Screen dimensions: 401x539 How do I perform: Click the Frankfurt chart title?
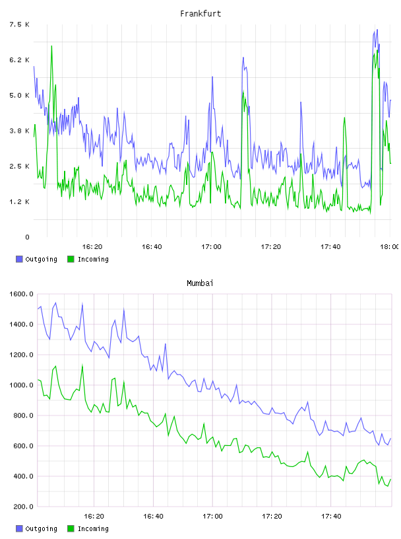[x=200, y=14]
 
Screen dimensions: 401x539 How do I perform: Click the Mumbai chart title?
[x=200, y=283]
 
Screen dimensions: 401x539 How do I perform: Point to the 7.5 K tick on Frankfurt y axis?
[x=20, y=24]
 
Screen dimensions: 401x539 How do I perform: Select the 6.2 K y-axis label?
[x=20, y=60]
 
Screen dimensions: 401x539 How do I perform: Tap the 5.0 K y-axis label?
[x=20, y=95]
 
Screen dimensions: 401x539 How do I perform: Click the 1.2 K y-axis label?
[x=20, y=201]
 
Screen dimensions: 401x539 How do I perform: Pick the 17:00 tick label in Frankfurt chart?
[x=211, y=246]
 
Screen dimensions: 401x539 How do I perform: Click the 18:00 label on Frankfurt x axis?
[x=389, y=246]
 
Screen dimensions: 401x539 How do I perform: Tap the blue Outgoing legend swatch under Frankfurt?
[x=19, y=259]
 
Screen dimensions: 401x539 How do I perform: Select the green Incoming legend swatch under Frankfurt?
[x=71, y=259]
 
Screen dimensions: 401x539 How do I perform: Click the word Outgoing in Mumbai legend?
[x=41, y=528]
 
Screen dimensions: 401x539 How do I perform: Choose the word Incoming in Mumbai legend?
[x=93, y=528]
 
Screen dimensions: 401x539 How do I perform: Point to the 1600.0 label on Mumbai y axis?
[x=21, y=294]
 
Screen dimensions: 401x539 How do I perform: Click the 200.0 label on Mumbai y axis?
[x=23, y=507]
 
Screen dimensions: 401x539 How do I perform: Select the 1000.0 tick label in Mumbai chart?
[x=21, y=385]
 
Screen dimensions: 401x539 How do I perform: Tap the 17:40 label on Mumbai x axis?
[x=331, y=516]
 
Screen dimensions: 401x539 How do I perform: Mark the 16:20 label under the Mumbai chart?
[x=94, y=516]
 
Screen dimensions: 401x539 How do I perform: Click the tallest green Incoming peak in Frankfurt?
[x=51, y=46]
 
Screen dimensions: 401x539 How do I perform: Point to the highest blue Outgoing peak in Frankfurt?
[x=377, y=30]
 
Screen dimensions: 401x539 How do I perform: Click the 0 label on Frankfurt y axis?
[x=28, y=237]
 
